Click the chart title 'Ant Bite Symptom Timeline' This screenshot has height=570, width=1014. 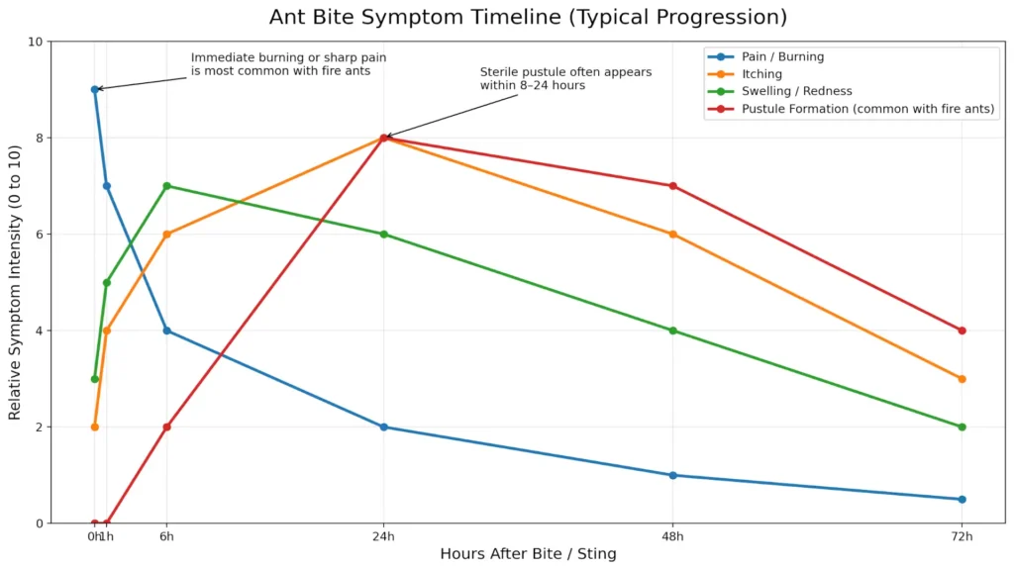click(x=528, y=18)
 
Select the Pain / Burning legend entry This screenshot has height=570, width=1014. click(x=782, y=57)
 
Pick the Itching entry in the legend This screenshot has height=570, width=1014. click(x=761, y=74)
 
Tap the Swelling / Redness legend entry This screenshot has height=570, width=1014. click(x=796, y=91)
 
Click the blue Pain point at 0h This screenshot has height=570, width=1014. click(x=95, y=89)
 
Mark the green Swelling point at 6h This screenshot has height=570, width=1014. click(x=166, y=186)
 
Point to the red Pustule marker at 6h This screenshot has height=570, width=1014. click(x=166, y=427)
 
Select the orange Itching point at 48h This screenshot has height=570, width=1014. click(x=673, y=235)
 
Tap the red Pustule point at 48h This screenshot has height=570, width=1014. click(x=673, y=186)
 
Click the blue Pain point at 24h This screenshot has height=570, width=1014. click(x=384, y=427)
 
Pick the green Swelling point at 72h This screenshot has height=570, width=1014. click(x=962, y=427)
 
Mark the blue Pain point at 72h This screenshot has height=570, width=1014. click(x=962, y=500)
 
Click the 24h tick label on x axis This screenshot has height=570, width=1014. click(x=384, y=536)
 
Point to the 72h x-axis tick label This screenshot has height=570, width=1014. click(x=962, y=536)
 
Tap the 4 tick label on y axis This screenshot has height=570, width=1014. click(x=39, y=332)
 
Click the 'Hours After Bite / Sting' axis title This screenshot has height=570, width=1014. click(x=528, y=554)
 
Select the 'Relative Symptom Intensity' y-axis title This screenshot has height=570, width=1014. click(x=15, y=283)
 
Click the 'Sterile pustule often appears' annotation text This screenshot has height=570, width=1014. click(x=565, y=72)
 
